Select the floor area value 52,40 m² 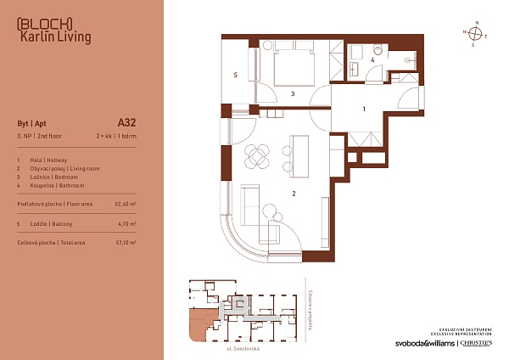pyautogui.click(x=125, y=205)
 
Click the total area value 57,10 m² pyautogui.click(x=125, y=242)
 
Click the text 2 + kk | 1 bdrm pyautogui.click(x=116, y=136)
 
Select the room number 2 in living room pyautogui.click(x=294, y=194)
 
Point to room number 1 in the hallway pyautogui.click(x=363, y=109)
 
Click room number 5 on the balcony pyautogui.click(x=235, y=76)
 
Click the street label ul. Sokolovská pyautogui.click(x=242, y=349)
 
